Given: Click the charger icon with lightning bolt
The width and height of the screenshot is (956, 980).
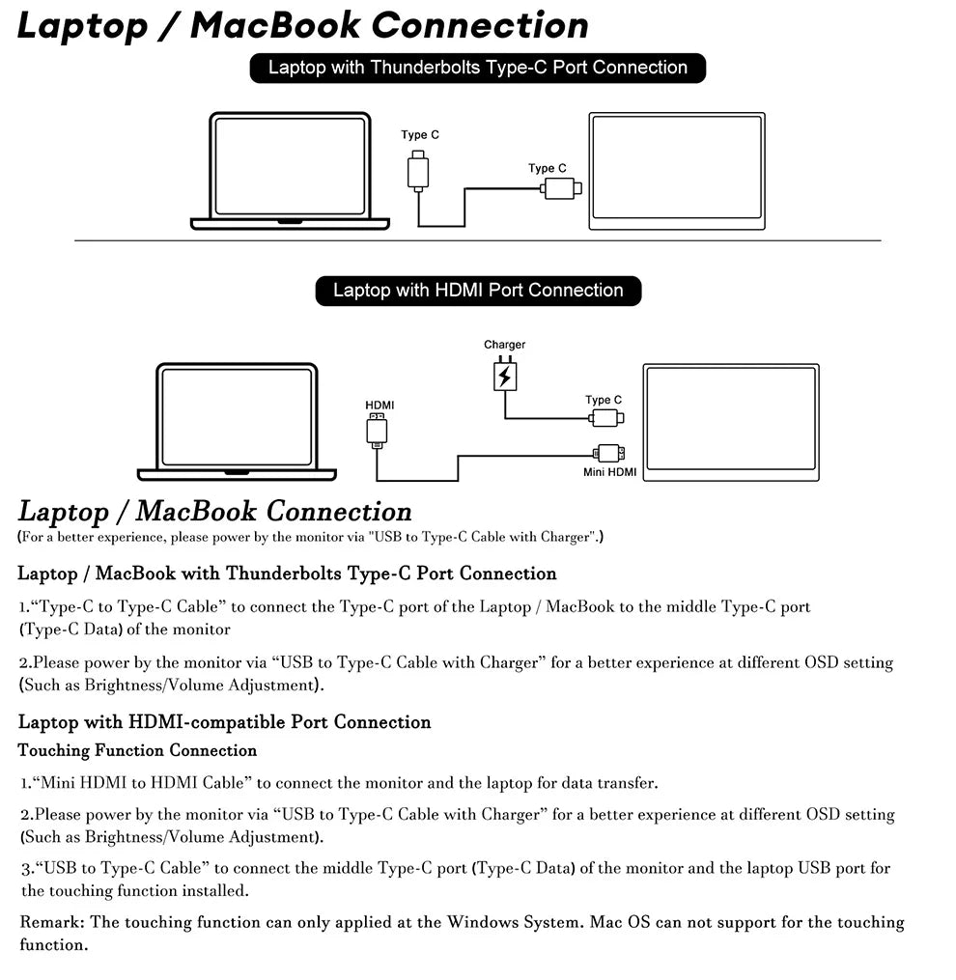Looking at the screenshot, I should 504,375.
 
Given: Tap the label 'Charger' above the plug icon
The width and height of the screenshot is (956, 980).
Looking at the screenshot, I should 504,345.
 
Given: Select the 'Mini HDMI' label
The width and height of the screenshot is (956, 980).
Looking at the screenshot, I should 609,472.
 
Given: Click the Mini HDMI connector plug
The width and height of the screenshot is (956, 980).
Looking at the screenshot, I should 608,453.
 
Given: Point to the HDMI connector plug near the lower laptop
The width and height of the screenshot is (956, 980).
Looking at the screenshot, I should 377,430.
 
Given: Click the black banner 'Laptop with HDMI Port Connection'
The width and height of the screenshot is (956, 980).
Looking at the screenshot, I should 478,291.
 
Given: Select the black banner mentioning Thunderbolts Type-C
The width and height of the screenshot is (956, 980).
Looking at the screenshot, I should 477,68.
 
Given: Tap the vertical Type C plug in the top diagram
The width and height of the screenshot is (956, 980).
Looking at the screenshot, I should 418,170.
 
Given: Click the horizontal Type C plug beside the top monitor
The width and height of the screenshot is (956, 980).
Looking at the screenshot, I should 560,188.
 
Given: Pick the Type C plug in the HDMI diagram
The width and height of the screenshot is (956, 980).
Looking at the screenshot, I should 605,418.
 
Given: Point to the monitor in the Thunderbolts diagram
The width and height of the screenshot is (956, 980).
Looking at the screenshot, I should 677,172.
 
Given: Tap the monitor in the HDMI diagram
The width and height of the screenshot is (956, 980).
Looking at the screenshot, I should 731,422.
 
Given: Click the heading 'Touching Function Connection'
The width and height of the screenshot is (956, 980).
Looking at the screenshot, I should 137,750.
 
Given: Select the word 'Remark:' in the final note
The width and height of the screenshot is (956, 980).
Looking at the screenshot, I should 52,922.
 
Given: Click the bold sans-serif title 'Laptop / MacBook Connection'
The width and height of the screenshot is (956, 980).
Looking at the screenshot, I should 302,25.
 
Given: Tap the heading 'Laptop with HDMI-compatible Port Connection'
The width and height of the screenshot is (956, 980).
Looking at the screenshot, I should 224,722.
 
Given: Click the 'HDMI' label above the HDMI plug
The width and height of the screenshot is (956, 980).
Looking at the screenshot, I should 380,405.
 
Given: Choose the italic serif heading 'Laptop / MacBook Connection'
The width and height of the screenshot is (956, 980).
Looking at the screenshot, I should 214,511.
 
